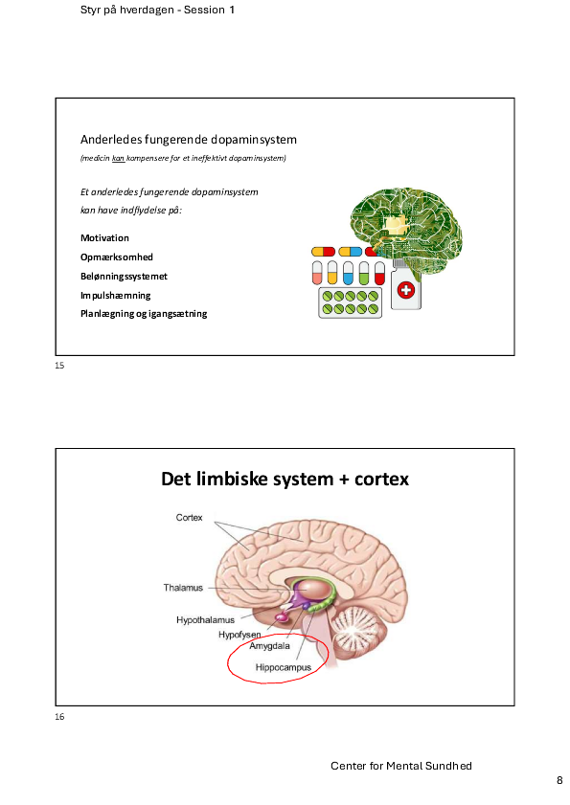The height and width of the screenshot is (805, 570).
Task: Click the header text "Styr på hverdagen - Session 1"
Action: (157, 10)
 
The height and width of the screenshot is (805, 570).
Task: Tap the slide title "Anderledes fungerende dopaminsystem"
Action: (189, 140)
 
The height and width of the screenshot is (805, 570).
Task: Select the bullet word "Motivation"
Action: (104, 237)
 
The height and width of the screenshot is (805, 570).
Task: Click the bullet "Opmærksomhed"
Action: (117, 257)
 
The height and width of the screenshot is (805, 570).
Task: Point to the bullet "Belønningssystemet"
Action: (124, 277)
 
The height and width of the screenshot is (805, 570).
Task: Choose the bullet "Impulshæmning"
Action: (116, 295)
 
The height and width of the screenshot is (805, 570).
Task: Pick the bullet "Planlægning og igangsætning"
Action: (144, 314)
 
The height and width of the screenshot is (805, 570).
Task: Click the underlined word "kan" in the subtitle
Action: (119, 158)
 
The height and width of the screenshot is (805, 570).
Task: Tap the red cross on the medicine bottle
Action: (406, 290)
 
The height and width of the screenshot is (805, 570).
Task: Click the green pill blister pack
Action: (350, 302)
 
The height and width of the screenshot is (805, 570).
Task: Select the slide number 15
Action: (59, 366)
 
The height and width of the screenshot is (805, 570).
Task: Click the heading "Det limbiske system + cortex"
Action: (285, 479)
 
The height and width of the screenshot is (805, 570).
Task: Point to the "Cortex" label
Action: (189, 518)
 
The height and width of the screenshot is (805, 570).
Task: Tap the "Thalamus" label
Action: (183, 588)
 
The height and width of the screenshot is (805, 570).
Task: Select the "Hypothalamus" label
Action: (205, 620)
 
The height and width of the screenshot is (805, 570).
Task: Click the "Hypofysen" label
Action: (239, 635)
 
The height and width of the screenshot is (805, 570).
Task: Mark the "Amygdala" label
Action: (270, 646)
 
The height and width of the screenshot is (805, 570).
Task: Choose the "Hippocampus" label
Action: (284, 667)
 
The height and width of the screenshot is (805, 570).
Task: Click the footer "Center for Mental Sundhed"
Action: (400, 766)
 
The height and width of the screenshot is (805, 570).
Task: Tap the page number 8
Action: (559, 780)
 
